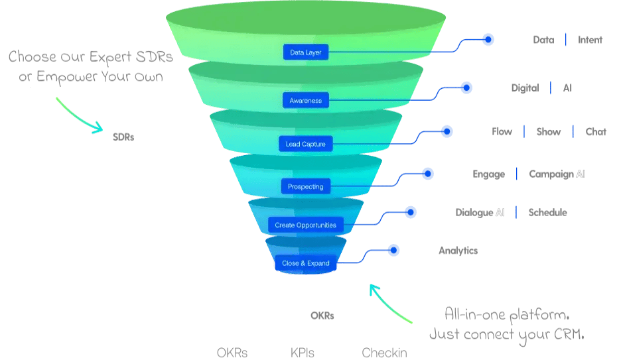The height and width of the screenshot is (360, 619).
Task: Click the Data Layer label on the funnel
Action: tap(305, 52)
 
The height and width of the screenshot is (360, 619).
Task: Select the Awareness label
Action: tap(305, 101)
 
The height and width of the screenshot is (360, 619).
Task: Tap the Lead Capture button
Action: tap(305, 144)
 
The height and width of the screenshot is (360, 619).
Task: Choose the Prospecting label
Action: tap(305, 187)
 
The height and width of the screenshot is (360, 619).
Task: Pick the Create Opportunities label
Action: tap(305, 225)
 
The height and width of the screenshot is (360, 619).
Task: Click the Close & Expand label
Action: tap(305, 263)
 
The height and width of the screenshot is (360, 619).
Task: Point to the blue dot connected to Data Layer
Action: tap(488, 40)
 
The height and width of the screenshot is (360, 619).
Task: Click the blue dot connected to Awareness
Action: tap(466, 88)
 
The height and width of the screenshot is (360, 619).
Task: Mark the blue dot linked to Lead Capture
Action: tap(447, 131)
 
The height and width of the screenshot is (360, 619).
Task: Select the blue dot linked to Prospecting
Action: tap(428, 174)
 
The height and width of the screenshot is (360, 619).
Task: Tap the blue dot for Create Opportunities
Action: tap(411, 212)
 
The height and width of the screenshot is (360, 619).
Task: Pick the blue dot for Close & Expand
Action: tap(394, 251)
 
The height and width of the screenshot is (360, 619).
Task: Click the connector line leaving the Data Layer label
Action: tap(398, 52)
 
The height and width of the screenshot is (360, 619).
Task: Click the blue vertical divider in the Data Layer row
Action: tap(566, 41)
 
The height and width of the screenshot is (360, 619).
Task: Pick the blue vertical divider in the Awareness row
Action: tap(550, 88)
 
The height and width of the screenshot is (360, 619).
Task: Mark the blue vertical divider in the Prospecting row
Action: tap(516, 174)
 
